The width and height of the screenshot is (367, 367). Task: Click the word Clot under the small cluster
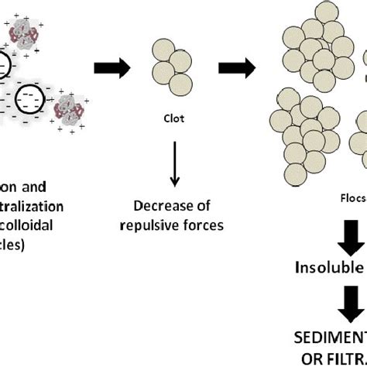[x=174, y=119]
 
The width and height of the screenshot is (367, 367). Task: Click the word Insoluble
[x=329, y=267]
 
